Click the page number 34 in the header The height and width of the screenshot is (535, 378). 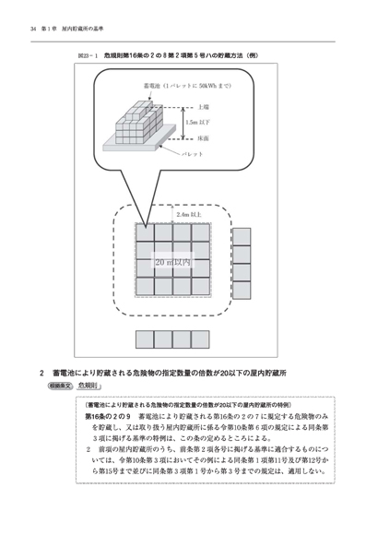point(33,30)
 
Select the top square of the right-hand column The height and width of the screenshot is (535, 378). point(241,234)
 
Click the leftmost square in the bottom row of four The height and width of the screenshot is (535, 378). point(145,338)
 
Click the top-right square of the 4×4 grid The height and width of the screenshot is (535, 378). point(206,233)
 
